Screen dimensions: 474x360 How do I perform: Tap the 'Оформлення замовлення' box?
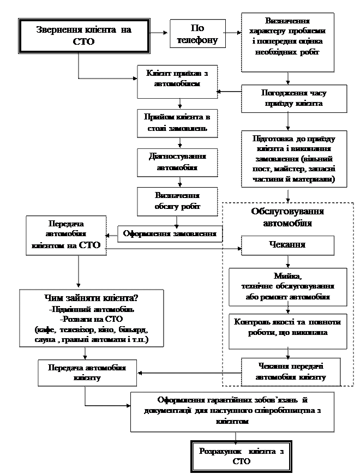click(x=170, y=233)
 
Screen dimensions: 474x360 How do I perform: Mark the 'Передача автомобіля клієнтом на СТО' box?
click(x=67, y=235)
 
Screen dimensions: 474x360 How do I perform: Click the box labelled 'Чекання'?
click(x=287, y=244)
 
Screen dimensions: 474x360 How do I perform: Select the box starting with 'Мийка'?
click(x=287, y=286)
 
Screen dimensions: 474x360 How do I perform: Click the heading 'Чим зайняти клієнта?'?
click(x=91, y=299)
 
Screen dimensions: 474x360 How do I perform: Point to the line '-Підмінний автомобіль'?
click(x=91, y=309)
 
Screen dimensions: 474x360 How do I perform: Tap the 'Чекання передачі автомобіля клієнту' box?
click(x=291, y=371)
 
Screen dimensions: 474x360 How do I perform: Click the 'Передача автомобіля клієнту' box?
click(x=87, y=373)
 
